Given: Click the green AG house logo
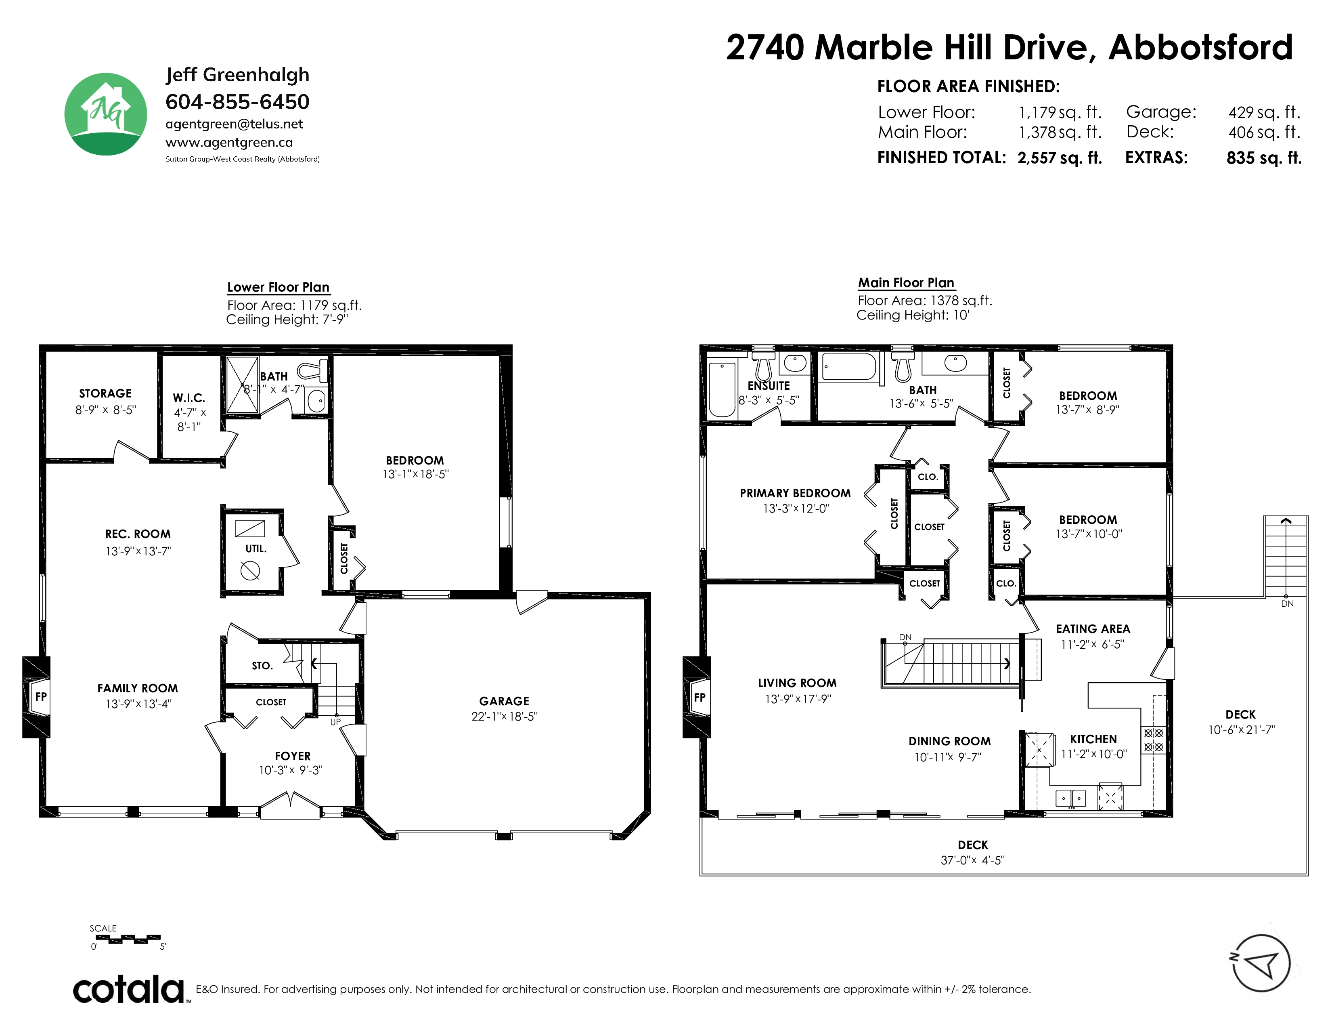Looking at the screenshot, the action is (105, 114).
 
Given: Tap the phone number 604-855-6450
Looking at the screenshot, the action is (237, 101).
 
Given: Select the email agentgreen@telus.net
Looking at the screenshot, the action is (234, 124).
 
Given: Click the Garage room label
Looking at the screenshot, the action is (504, 701).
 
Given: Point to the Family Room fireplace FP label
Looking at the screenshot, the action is (41, 696).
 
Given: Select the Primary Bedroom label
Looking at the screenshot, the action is (795, 493).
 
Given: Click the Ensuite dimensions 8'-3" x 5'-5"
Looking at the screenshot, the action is (769, 400).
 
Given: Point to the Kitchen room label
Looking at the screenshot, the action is (1093, 739).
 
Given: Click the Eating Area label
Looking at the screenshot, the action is (1093, 629).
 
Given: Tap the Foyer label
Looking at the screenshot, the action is (293, 756).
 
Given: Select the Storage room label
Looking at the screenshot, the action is (105, 393).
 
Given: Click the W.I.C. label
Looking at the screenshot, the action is (189, 398).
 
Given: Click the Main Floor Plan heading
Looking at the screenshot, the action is (906, 282).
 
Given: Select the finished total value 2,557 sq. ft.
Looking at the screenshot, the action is (1060, 158).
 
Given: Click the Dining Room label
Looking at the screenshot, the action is (950, 741).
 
